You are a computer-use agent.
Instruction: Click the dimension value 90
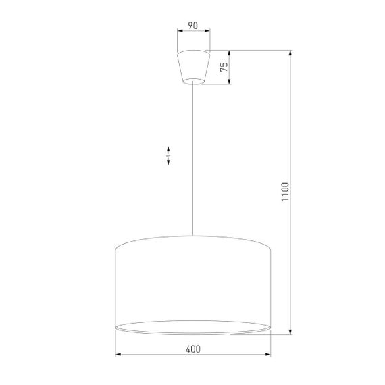pos(192,26)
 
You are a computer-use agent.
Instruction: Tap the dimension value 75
pos(223,67)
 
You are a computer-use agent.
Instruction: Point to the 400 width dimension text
pos(192,349)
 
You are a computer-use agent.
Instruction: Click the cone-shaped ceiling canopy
pos(192,66)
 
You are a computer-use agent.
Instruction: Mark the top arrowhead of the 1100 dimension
pos(290,54)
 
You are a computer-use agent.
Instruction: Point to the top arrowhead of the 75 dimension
pos(230,54)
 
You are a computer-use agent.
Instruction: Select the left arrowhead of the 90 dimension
pos(179,31)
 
